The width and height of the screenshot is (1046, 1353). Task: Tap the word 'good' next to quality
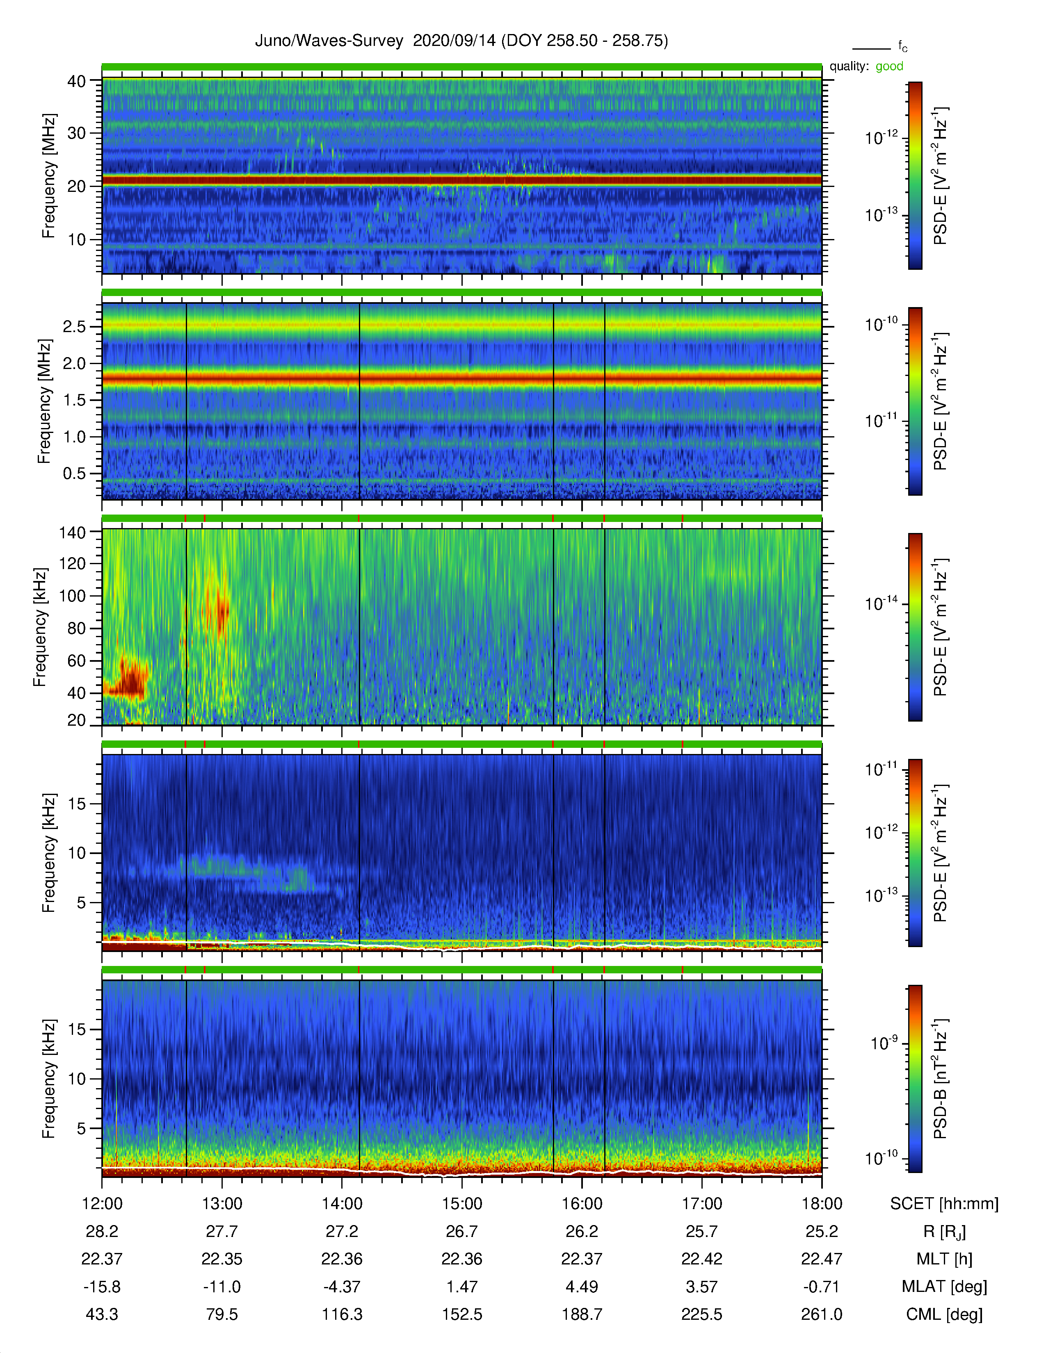[x=889, y=66]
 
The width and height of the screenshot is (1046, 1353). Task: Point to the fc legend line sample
[x=871, y=48]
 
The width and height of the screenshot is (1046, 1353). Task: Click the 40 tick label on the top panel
[x=77, y=81]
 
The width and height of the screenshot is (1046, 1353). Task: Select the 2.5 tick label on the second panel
[x=74, y=326]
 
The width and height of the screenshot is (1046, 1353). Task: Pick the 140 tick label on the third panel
[x=72, y=532]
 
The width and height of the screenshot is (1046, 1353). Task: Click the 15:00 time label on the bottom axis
[x=461, y=1204]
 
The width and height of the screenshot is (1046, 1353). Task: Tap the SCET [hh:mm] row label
[x=944, y=1204]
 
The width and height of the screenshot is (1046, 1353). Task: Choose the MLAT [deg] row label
[x=944, y=1287]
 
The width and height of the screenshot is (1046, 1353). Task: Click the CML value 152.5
[x=461, y=1314]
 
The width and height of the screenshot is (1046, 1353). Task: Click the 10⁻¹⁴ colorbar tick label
[x=881, y=603]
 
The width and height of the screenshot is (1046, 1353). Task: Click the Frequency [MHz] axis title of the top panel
[x=48, y=176]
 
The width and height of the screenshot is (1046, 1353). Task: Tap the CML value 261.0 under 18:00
[x=822, y=1314]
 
